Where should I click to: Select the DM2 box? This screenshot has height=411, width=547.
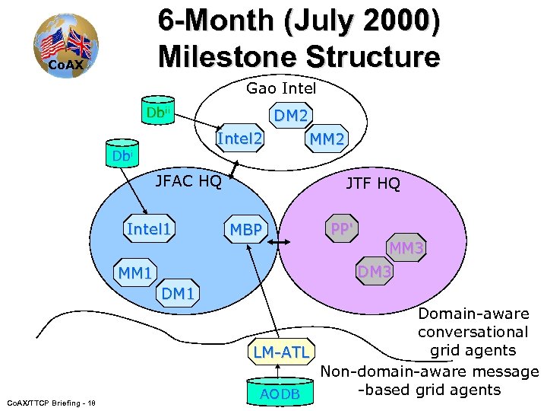(291, 116)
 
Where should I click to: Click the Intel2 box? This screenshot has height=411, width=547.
(240, 139)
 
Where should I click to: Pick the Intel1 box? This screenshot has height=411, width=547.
(149, 229)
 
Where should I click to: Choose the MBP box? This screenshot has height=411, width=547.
(246, 231)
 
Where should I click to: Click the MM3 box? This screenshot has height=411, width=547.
(406, 248)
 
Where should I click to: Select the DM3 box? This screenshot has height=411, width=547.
(375, 271)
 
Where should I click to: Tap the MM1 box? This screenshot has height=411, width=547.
(135, 272)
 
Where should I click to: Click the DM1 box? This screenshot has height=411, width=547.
(179, 293)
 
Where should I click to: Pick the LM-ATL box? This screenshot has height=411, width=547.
(281, 352)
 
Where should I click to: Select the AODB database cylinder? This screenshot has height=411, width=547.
(280, 390)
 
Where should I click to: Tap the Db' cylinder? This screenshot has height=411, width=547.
(121, 155)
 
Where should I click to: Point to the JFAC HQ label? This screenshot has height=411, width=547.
(188, 181)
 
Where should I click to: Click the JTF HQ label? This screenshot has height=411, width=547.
(372, 183)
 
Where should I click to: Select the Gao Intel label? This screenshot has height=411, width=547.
(281, 89)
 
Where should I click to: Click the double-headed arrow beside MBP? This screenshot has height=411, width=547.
(277, 243)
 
